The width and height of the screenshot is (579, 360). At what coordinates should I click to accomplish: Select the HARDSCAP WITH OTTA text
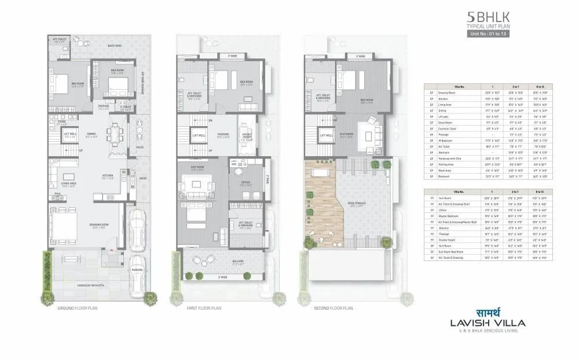point(94,285)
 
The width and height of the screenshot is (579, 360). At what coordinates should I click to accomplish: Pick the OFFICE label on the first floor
point(245,182)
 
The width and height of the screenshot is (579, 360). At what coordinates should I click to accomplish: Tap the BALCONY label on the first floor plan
point(222,261)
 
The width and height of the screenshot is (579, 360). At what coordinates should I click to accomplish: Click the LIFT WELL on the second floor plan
point(326,135)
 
